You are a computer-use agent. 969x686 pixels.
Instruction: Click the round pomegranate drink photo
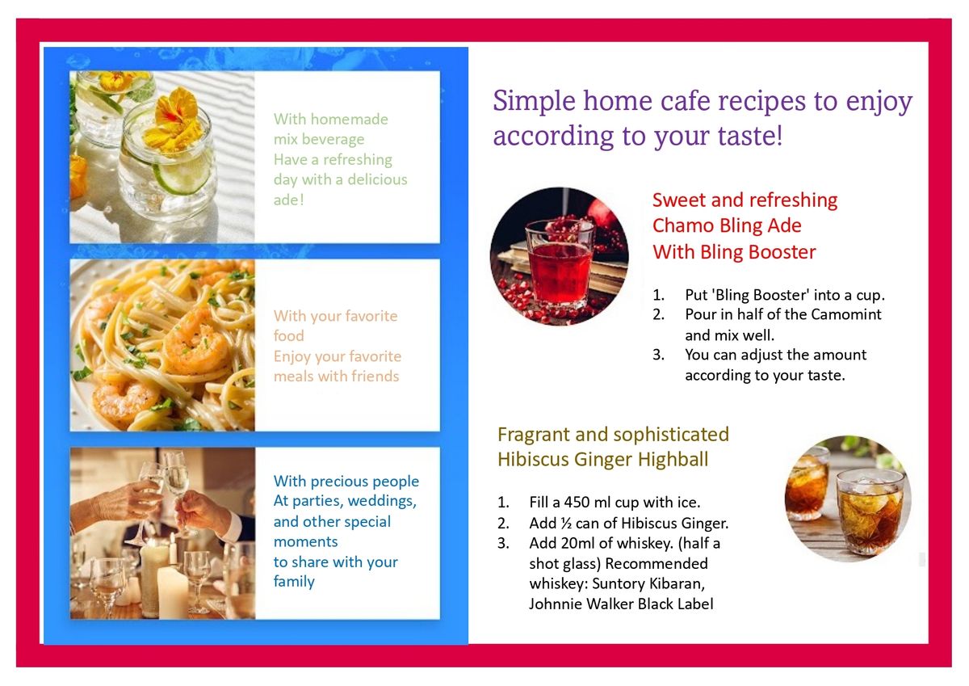[x=559, y=256]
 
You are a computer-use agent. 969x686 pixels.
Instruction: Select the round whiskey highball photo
[x=848, y=499]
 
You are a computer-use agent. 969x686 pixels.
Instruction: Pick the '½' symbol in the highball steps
[x=566, y=524]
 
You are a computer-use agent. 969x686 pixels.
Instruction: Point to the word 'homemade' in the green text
[x=349, y=119]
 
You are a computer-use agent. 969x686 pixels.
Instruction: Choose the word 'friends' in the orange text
[x=375, y=376]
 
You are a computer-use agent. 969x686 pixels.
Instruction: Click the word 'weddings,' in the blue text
[x=382, y=501]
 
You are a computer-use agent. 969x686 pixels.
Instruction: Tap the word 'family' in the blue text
[x=294, y=582]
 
